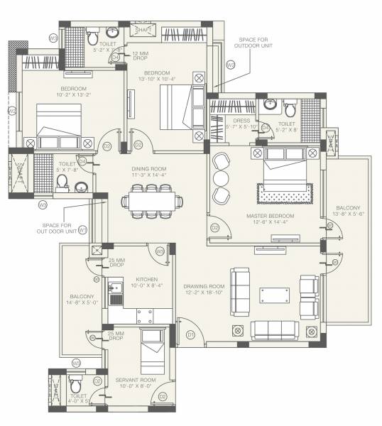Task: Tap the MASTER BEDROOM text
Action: (x=266, y=215)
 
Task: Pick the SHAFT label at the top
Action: (x=144, y=30)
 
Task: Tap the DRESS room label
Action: (x=241, y=121)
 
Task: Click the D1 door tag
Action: (x=190, y=334)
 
